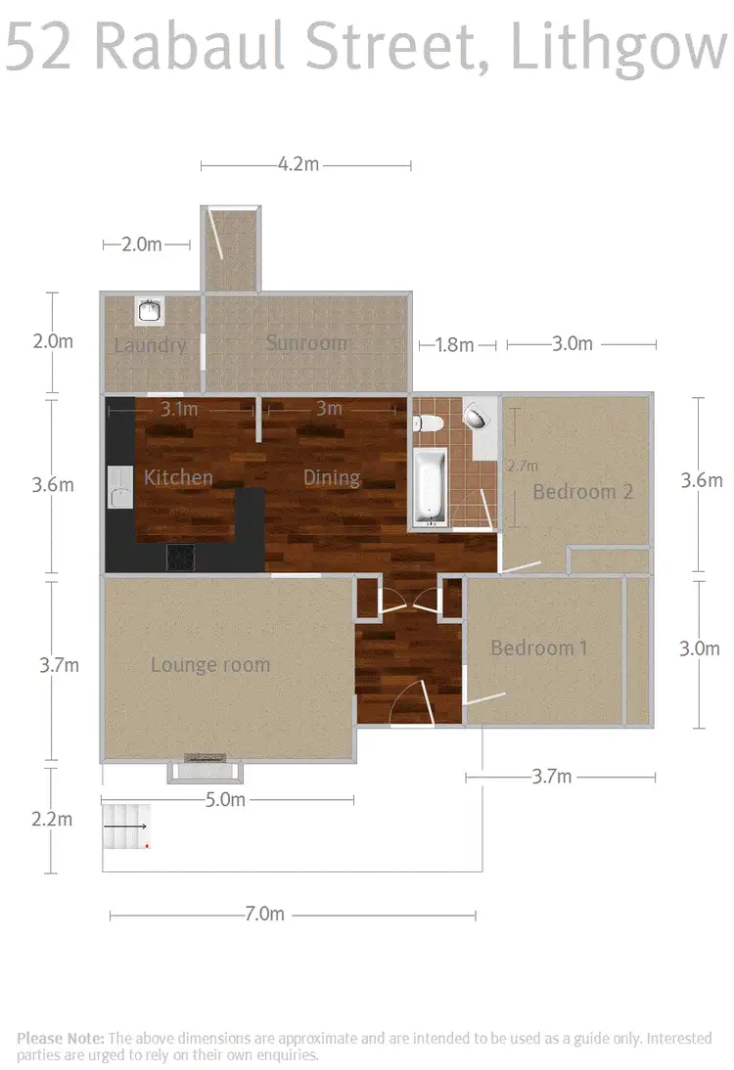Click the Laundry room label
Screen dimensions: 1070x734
[x=150, y=345]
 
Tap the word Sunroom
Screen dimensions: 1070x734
[x=306, y=343]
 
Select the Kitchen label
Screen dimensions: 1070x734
[x=178, y=477]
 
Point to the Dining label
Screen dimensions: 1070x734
[x=332, y=477]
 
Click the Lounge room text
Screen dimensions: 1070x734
[x=210, y=665]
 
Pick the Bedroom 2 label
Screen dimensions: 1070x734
[x=582, y=491]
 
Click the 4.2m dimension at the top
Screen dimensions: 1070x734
[x=298, y=165]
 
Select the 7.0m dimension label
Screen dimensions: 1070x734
[x=264, y=914]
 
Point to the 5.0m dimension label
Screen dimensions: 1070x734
[x=225, y=799]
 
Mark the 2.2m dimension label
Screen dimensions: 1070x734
[x=52, y=819]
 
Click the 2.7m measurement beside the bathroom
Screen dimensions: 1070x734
[x=523, y=467]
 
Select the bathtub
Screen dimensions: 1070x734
[x=429, y=486]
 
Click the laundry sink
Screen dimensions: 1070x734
[x=150, y=311]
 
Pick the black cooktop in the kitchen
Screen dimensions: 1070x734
[x=181, y=557]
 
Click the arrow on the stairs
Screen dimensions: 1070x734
[x=124, y=826]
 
